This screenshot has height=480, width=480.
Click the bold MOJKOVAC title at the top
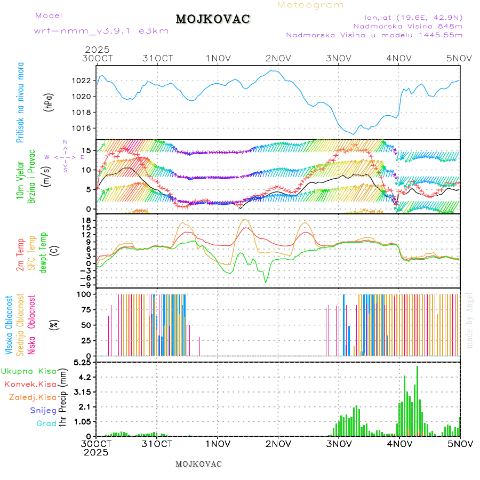[x=213, y=19]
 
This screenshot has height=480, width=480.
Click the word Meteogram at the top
[x=311, y=5]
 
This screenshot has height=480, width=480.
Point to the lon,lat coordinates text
[x=413, y=17]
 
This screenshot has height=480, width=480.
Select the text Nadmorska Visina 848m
[x=407, y=26]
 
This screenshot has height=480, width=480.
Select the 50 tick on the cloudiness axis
[x=86, y=325]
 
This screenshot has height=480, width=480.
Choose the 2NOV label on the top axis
[x=278, y=58]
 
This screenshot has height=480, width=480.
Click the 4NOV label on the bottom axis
[x=399, y=444]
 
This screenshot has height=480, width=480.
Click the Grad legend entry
[x=46, y=423]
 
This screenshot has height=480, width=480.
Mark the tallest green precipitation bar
[x=417, y=401]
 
